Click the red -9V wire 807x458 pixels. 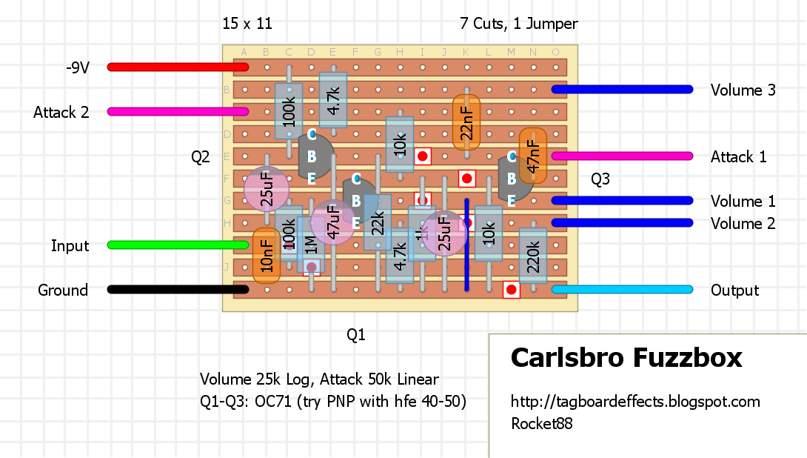178,67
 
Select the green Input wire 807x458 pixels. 178,245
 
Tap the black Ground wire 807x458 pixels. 178,289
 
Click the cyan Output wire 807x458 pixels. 622,289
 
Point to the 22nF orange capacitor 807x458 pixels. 466,122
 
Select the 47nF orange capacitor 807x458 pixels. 532,156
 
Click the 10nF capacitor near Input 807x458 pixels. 267,256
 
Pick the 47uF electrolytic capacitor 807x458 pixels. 333,222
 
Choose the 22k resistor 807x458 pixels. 378,222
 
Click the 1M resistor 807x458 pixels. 311,245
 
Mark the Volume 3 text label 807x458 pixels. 743,90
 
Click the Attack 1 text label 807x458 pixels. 738,157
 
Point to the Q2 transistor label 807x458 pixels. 201,157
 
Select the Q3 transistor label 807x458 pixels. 600,179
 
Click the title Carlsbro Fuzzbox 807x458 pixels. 626,359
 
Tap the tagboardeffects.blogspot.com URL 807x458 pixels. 635,402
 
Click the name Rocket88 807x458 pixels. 541,424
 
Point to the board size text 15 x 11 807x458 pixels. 247,24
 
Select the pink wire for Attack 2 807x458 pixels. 178,111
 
